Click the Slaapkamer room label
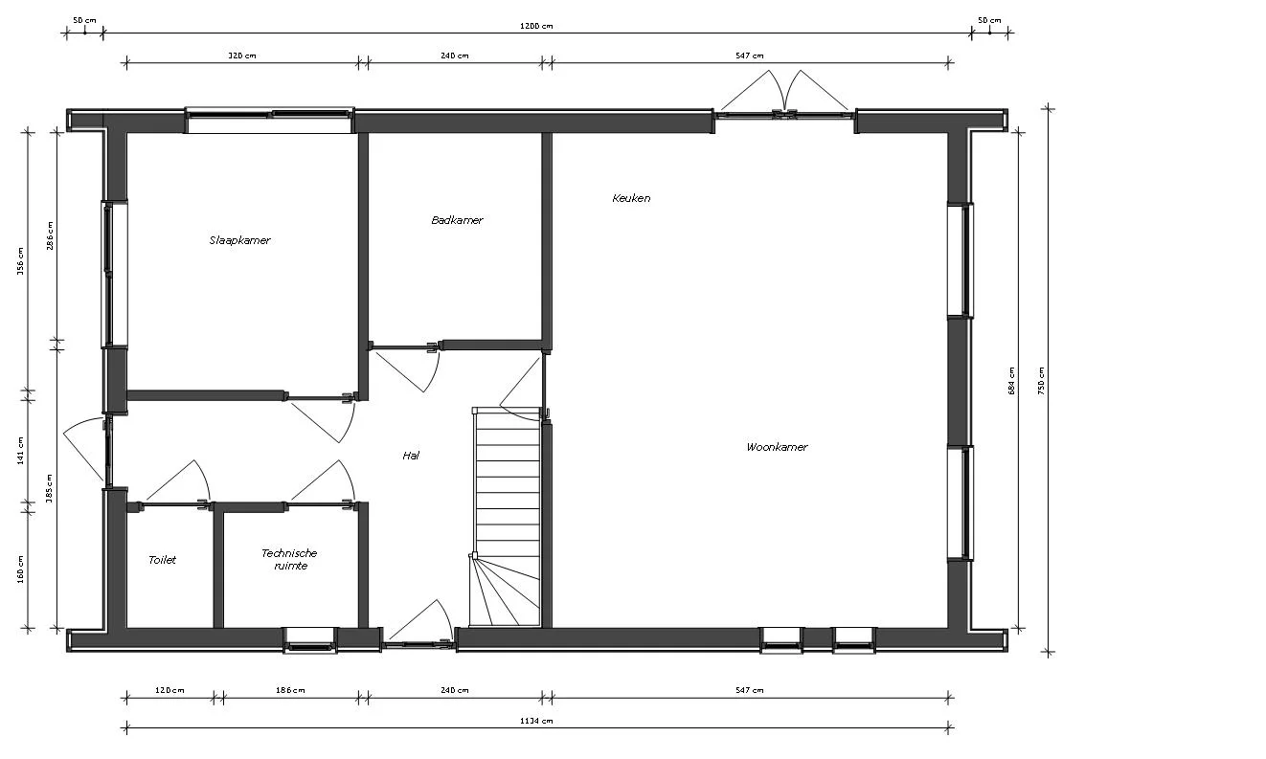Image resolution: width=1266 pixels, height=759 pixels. pos(239,240)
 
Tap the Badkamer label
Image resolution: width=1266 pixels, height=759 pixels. pos(457,220)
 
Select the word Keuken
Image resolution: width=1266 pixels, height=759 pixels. pos(631,198)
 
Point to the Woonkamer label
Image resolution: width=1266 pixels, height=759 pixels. pos(777,447)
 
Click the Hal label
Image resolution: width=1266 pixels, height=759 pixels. pos(411,456)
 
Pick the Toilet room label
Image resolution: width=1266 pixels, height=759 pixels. pos(162,560)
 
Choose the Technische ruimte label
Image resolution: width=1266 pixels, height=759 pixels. pos(288,559)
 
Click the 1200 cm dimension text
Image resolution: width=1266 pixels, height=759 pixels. pos(535,26)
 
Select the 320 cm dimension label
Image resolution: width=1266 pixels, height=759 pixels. pos(241,56)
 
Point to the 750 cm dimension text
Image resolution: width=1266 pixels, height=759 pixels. pos(1042,381)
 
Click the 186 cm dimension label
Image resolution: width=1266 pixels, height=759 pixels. pos(289,690)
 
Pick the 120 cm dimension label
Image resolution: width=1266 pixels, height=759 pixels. pos(170,690)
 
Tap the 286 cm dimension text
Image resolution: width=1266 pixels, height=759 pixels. pos(50,235)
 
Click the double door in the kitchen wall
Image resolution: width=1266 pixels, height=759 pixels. pos(784,101)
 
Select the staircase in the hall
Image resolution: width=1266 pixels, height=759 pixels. pos(507,517)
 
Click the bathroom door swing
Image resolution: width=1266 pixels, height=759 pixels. pos(407,368)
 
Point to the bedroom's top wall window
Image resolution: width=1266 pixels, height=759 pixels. pos(269,120)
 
